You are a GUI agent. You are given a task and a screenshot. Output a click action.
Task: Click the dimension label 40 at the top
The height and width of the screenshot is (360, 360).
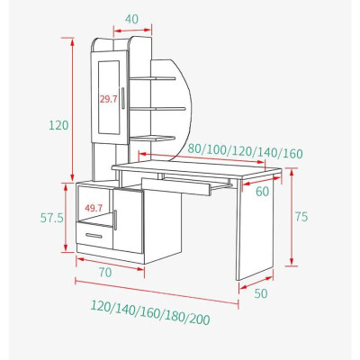pyautogui.click(x=131, y=19)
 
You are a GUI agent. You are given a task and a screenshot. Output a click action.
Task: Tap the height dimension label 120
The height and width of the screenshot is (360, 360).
pyautogui.click(x=58, y=125)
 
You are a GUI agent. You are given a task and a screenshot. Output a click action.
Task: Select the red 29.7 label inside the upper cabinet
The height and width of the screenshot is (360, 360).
pyautogui.click(x=109, y=100)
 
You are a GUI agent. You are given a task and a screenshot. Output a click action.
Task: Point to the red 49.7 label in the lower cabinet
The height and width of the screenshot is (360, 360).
pyautogui.click(x=93, y=208)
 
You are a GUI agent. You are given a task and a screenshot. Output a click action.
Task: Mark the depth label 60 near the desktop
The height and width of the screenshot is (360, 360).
pyautogui.click(x=262, y=191)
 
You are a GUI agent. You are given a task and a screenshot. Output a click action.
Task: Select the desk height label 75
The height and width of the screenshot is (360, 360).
pyautogui.click(x=303, y=216)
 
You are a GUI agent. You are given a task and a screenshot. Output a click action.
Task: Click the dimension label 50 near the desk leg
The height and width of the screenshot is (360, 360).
pyautogui.click(x=261, y=292)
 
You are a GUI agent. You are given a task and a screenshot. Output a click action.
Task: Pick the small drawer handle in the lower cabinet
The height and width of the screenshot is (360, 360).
pyautogui.click(x=94, y=236)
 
